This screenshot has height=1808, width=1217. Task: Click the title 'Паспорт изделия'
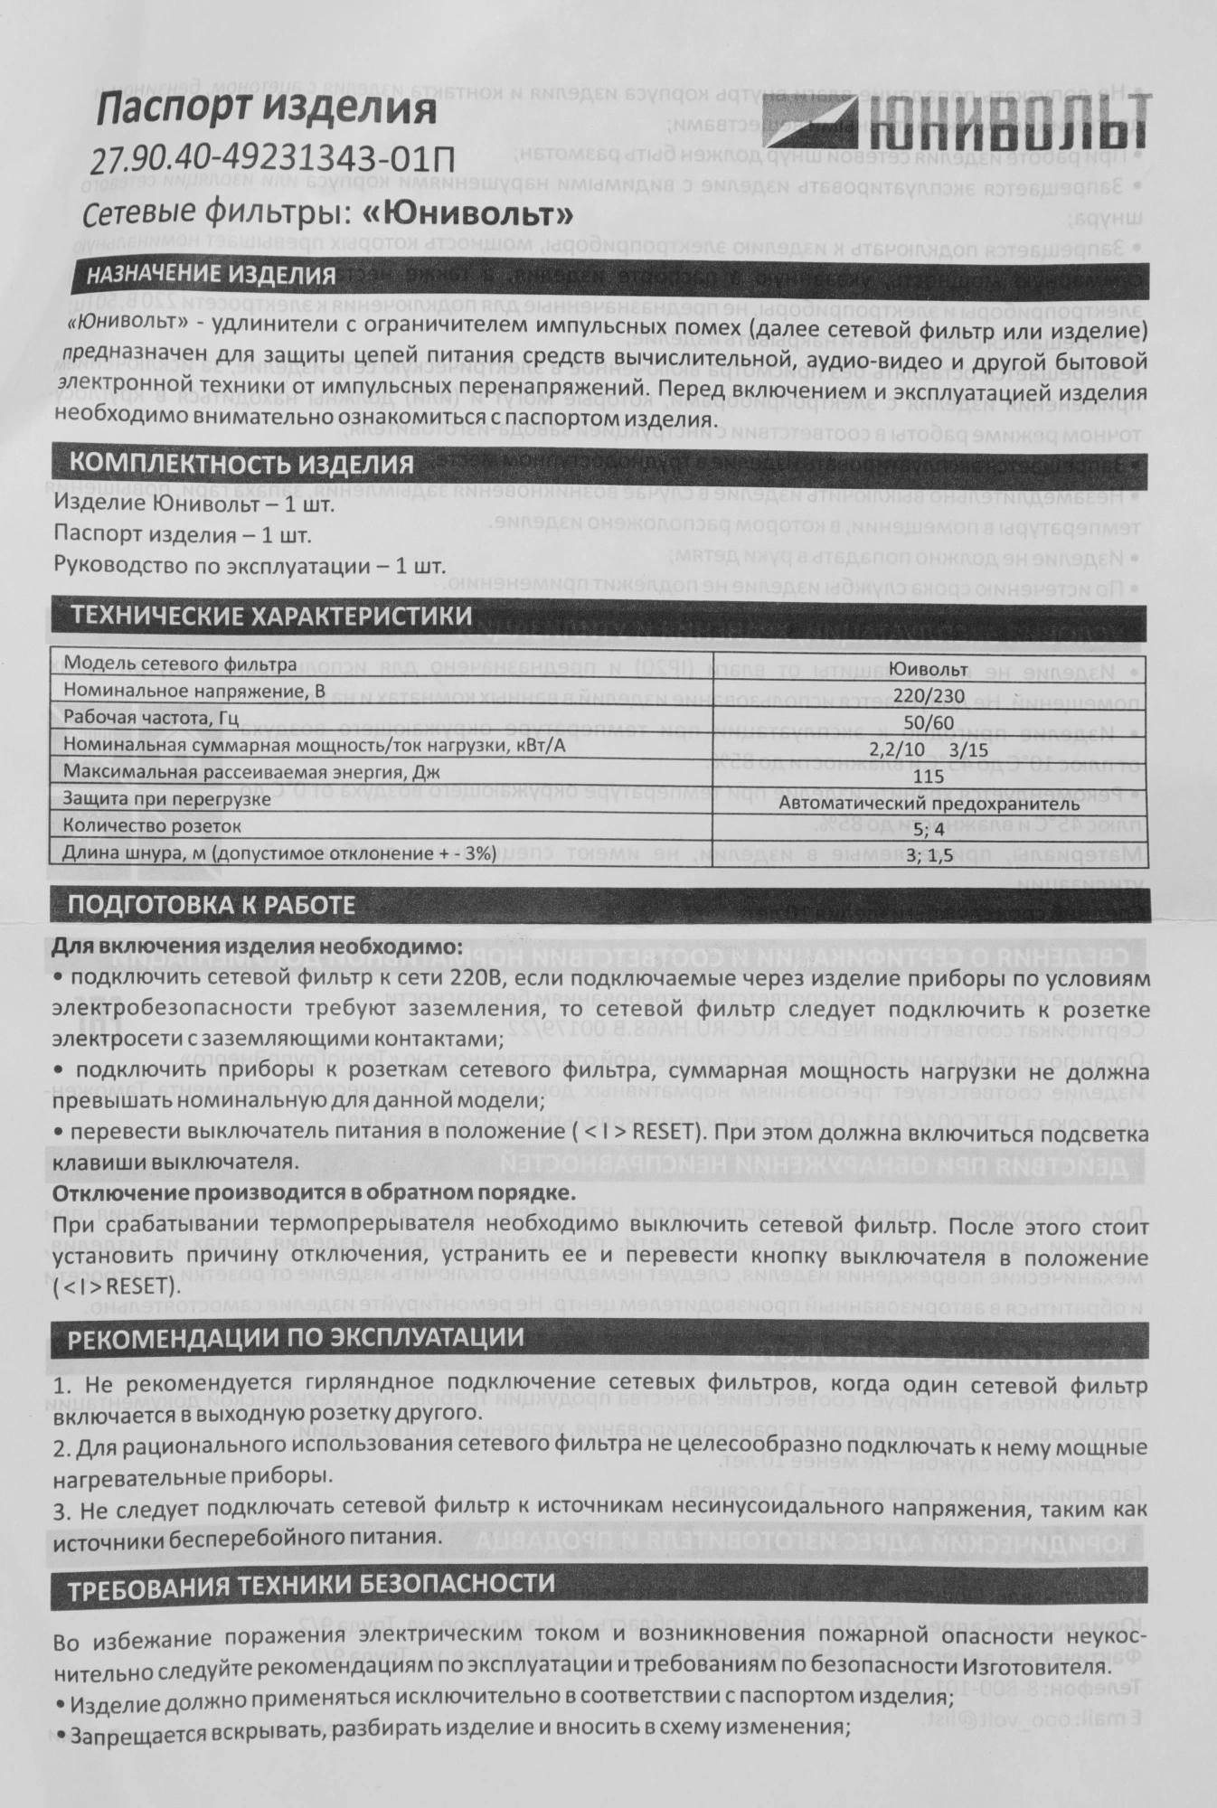(x=266, y=110)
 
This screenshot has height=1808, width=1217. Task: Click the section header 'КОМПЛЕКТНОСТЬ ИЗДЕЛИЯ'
(x=241, y=465)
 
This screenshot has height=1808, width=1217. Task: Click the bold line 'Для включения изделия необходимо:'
(x=257, y=949)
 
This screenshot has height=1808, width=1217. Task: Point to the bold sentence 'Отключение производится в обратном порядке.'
(x=314, y=1193)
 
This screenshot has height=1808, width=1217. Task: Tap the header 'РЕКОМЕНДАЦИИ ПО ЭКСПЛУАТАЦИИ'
(x=297, y=1337)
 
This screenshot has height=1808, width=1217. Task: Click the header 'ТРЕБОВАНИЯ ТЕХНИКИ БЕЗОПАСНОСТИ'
(x=313, y=1583)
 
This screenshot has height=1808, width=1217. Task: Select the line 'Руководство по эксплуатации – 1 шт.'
(x=250, y=567)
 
